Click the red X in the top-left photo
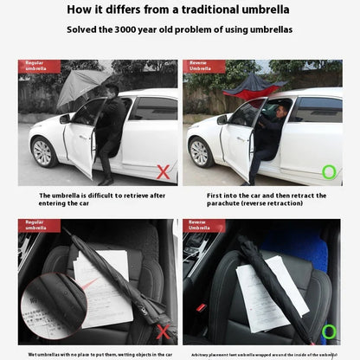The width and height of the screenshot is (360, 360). pyautogui.click(x=162, y=172)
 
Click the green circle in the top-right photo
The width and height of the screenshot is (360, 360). pyautogui.click(x=329, y=172)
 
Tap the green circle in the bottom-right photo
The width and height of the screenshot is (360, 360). pyautogui.click(x=329, y=331)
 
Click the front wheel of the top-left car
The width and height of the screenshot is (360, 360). pyautogui.click(x=44, y=152)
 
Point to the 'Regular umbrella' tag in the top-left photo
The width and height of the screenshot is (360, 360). pyautogui.click(x=40, y=66)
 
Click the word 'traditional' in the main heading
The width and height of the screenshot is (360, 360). pyautogui.click(x=201, y=10)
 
